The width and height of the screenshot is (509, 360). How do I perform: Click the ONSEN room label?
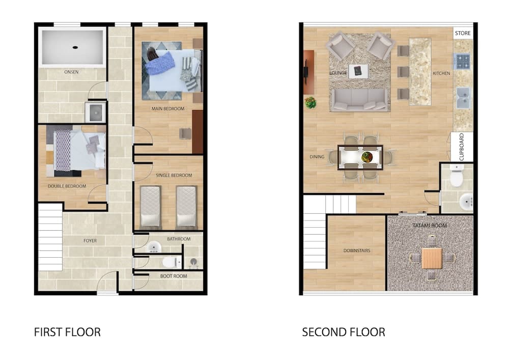pyautogui.click(x=71, y=72)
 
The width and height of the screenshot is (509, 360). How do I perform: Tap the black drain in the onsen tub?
pyautogui.click(x=75, y=47)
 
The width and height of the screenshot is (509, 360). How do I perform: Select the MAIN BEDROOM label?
pyautogui.click(x=168, y=108)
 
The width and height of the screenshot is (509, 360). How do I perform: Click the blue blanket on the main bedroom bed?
pyautogui.click(x=160, y=63)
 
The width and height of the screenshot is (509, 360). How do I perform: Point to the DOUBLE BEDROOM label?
pyautogui.click(x=67, y=186)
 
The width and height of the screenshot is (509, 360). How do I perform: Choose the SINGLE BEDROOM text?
pyautogui.click(x=174, y=175)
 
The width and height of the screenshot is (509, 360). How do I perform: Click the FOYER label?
pyautogui.click(x=90, y=240)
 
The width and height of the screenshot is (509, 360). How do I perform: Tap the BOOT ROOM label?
pyautogui.click(x=174, y=276)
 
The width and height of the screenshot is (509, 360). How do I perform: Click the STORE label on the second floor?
pyautogui.click(x=463, y=33)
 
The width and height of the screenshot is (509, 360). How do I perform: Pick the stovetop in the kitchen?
pyautogui.click(x=463, y=61)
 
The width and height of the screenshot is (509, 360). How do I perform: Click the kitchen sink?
pyautogui.click(x=463, y=98)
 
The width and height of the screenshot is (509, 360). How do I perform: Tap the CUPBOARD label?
pyautogui.click(x=462, y=147)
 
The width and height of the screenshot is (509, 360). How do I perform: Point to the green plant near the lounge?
pyautogui.click(x=310, y=102)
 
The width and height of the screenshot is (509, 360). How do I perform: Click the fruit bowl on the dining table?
pyautogui.click(x=367, y=157)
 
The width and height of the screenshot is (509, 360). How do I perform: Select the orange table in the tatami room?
pyautogui.click(x=432, y=258)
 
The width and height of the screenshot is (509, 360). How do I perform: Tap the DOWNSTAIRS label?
pyautogui.click(x=357, y=251)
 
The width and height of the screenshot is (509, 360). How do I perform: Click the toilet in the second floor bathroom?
pyautogui.click(x=457, y=176)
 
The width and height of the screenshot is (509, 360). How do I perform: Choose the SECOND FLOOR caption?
pyautogui.click(x=344, y=332)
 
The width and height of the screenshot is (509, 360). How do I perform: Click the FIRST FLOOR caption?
pyautogui.click(x=67, y=332)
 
